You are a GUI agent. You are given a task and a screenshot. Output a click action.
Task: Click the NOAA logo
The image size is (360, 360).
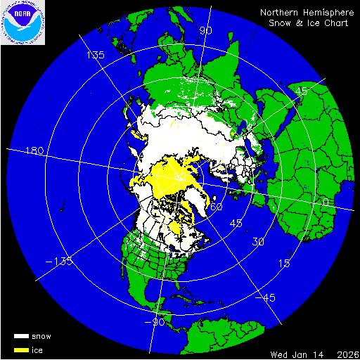point(22,22)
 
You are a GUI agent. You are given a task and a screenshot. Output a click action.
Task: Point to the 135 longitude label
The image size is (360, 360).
point(95,55)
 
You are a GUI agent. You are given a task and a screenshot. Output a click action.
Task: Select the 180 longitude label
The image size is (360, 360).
point(34,151)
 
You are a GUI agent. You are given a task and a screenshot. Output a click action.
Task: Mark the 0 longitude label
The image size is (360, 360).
point(324,202)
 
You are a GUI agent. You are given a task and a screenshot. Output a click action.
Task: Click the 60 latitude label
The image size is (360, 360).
point(217,207)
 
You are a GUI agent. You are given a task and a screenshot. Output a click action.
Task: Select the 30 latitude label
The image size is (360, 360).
point(259,243)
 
